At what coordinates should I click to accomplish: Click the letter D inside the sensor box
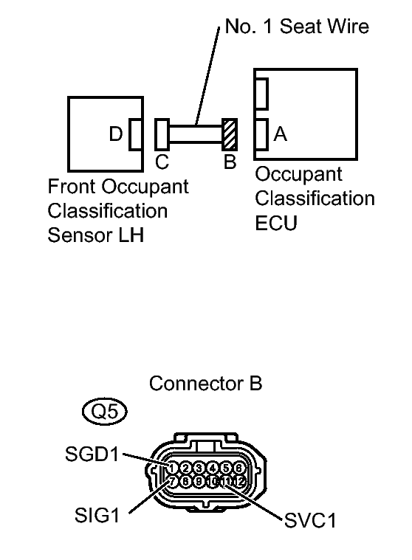coord(116,134)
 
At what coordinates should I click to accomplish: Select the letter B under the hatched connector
coord(230,162)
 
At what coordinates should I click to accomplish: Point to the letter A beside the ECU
coord(280,134)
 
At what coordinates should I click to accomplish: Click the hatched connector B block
coord(229,134)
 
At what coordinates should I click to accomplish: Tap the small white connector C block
coord(162,134)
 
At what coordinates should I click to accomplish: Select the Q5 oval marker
coord(105,412)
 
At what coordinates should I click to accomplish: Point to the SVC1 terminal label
coord(310,521)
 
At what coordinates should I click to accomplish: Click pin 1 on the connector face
coord(171,468)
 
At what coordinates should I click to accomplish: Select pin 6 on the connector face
coord(238,468)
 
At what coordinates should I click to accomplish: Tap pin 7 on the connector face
coord(171,481)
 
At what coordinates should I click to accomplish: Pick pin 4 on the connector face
coord(212,468)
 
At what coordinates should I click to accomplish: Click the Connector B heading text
coord(205,384)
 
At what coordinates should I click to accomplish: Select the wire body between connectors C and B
coord(196,134)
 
